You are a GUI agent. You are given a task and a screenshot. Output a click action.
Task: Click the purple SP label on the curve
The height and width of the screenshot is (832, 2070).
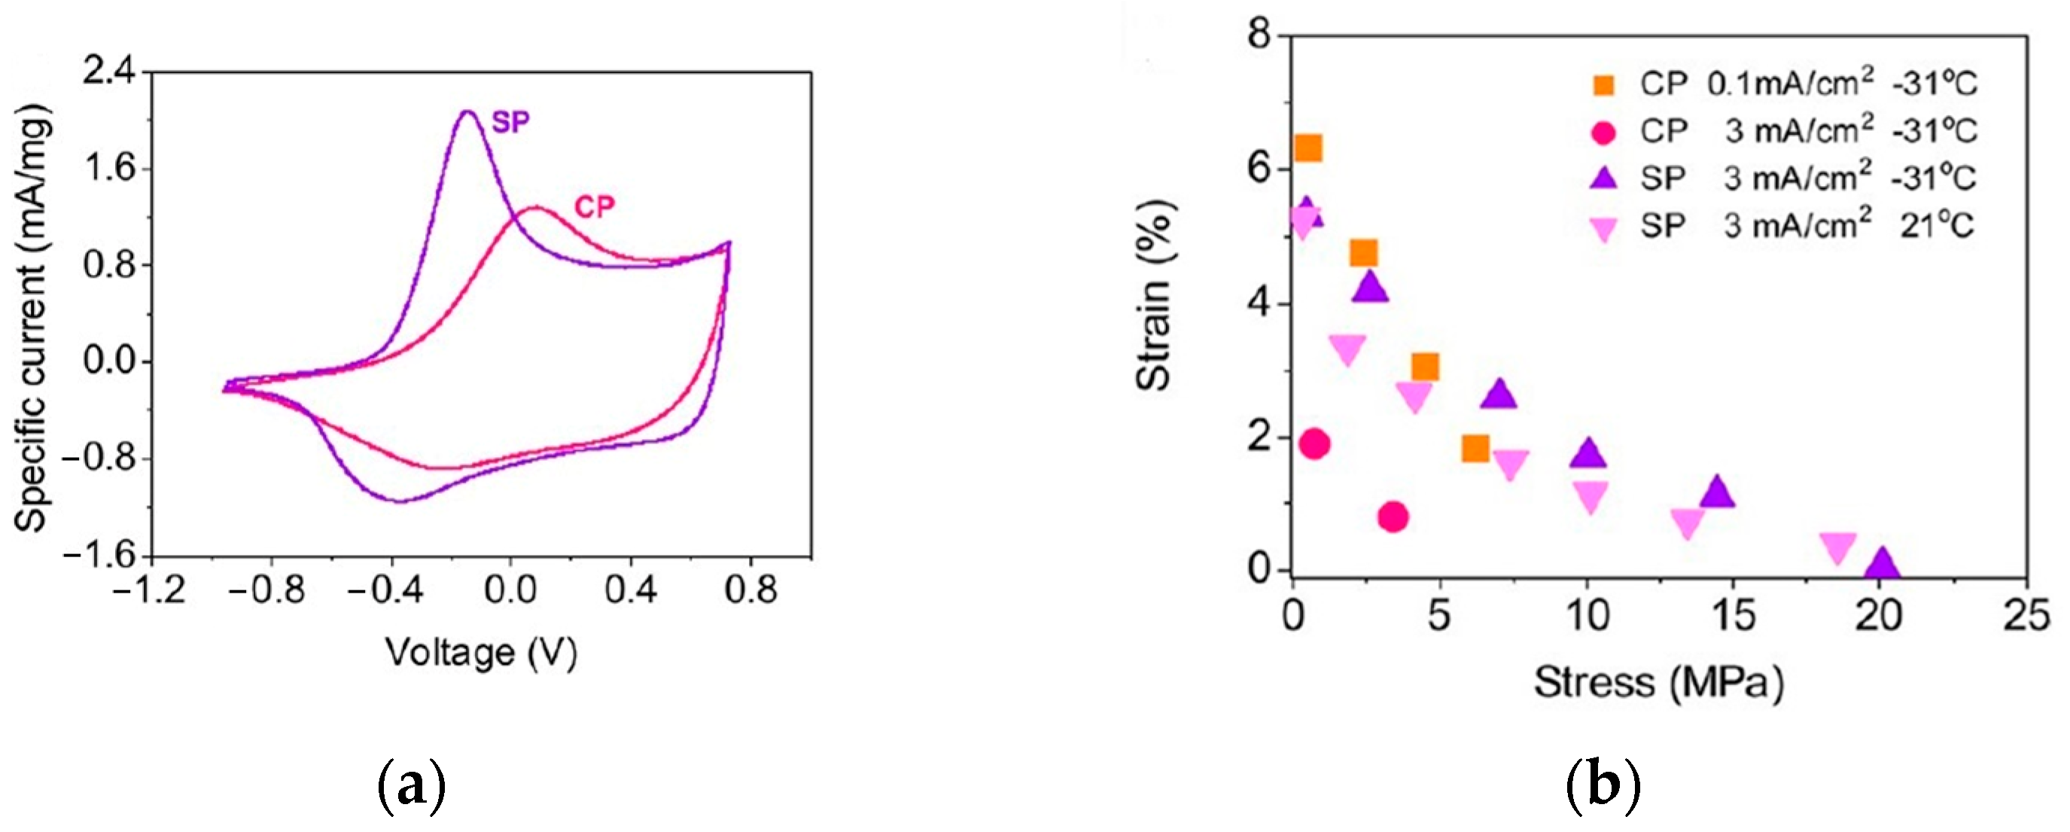511,123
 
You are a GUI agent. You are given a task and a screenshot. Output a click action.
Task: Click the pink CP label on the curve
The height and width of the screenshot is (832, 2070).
595,207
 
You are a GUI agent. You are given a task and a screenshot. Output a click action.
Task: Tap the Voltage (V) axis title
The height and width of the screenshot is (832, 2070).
481,653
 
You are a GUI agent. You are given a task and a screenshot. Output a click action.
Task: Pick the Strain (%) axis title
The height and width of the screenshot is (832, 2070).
1155,295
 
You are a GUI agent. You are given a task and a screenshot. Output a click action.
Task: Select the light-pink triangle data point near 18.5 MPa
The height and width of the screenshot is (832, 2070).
1837,547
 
